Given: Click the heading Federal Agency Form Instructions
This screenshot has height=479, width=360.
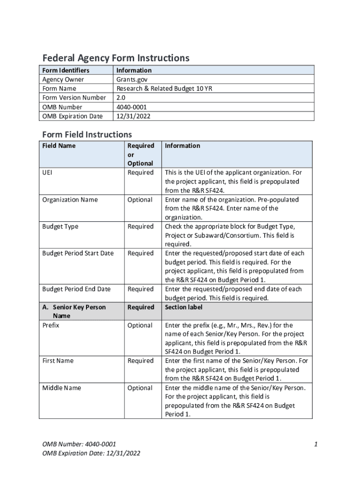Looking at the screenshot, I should click(x=116, y=58).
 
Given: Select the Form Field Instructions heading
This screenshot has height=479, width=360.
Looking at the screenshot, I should click(x=87, y=134).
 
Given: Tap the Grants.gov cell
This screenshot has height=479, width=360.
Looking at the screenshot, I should click(x=130, y=79).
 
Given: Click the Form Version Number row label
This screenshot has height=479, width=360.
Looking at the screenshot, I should click(x=74, y=97).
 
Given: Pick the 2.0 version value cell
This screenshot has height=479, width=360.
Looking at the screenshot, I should click(x=121, y=97).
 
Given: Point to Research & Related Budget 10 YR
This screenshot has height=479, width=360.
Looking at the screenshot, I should click(x=164, y=88).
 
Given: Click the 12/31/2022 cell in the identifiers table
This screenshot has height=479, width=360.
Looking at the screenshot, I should click(x=133, y=116).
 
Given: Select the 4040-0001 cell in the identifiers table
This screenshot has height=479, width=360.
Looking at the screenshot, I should click(x=132, y=107).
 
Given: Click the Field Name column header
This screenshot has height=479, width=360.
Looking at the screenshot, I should click(x=58, y=145).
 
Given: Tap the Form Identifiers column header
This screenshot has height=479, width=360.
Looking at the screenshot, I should click(x=65, y=70).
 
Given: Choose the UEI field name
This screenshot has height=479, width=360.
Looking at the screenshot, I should click(x=48, y=173).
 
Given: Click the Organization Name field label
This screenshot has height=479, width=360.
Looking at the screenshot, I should click(x=70, y=200).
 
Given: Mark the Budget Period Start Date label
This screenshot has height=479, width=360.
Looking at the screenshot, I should click(x=78, y=253).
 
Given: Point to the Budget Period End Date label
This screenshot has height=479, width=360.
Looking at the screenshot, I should click(x=76, y=289).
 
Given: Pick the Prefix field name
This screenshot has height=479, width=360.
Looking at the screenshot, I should click(x=50, y=325).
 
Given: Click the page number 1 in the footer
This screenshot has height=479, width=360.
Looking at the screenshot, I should click(x=316, y=444).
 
